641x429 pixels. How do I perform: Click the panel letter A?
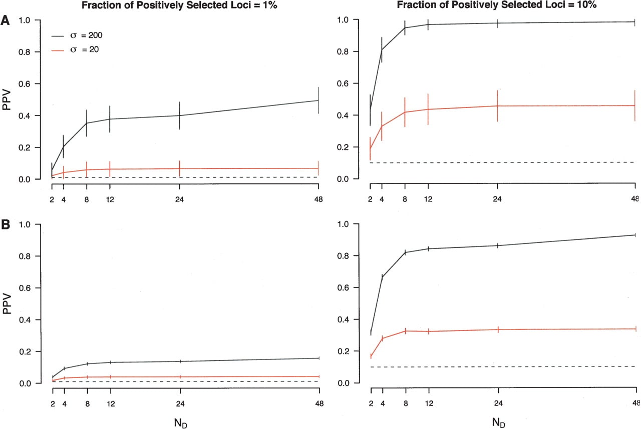pos(5,20)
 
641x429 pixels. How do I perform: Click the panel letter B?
pos(6,224)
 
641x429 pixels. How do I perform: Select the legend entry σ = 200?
pos(77,35)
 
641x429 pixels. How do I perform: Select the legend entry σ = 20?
pos(75,49)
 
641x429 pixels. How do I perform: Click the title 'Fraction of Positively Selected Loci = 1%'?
pos(179,5)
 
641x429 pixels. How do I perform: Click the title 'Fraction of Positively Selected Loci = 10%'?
pos(496,5)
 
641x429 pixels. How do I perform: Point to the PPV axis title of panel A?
pos(7,99)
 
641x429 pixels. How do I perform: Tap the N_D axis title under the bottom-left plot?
pos(181,423)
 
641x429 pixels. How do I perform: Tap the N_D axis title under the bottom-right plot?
pos(498,422)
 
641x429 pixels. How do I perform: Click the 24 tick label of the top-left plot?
pos(179,199)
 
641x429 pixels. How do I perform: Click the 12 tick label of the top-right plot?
pos(428,199)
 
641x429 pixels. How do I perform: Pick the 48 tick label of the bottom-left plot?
pos(319,403)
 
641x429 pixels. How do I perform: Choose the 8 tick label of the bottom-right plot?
pos(406,403)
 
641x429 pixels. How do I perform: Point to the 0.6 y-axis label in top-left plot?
pos(25,84)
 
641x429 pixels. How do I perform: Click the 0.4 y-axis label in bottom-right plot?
pos(343,319)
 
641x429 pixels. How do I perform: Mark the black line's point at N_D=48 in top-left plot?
pos(318,100)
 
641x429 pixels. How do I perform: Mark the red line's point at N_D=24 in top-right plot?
pos(497,106)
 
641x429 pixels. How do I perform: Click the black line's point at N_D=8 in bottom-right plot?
pos(406,252)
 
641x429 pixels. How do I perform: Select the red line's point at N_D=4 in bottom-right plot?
pos(383,338)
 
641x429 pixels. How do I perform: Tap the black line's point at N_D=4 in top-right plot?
pos(382,49)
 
